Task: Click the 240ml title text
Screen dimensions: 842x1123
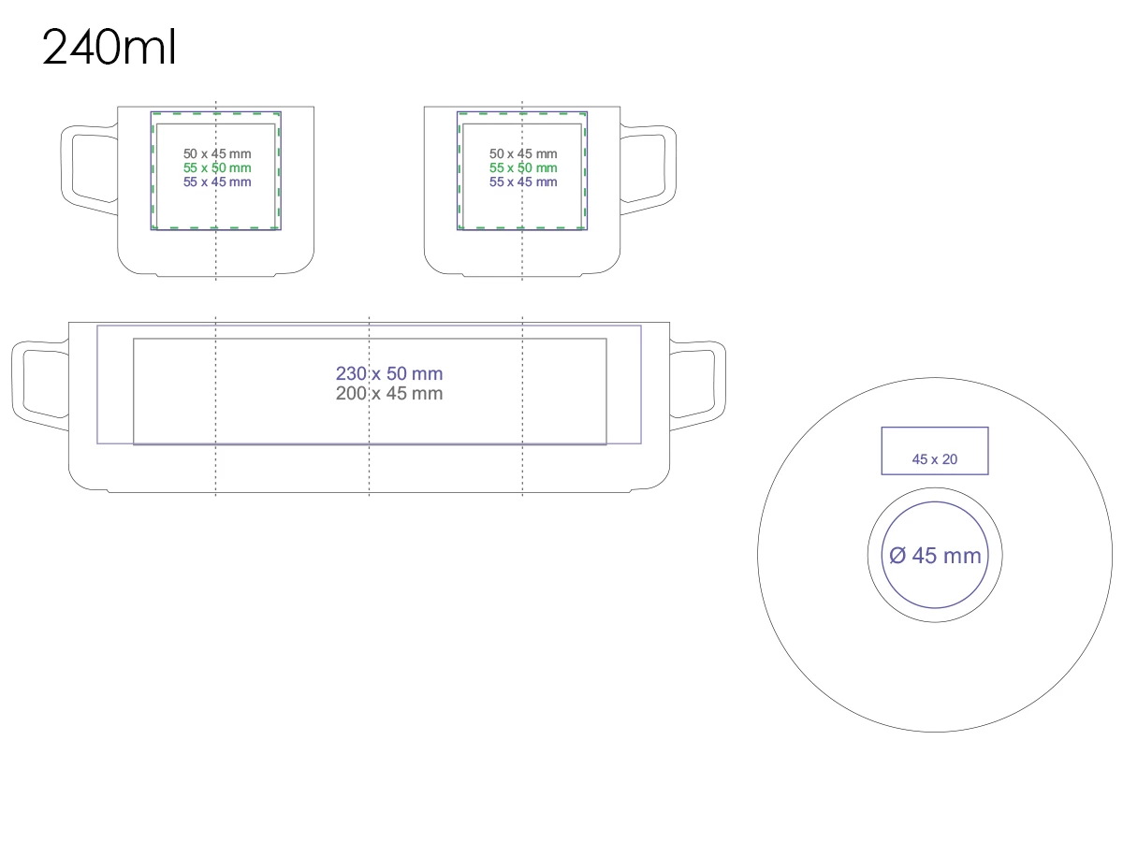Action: [x=109, y=48]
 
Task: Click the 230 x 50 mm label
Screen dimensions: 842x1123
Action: [x=389, y=374]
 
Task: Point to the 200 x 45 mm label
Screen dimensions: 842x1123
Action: [x=389, y=394]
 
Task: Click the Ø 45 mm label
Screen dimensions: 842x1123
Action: [x=935, y=556]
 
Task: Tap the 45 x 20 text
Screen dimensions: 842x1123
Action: [x=935, y=459]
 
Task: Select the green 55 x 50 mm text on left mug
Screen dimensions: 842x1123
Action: [x=217, y=167]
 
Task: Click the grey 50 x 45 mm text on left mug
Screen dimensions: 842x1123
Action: [x=217, y=153]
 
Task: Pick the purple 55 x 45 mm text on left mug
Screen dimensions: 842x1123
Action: [x=217, y=181]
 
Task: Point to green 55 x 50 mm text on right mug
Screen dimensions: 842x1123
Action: [x=523, y=167]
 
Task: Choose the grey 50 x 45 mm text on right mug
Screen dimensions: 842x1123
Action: [x=523, y=153]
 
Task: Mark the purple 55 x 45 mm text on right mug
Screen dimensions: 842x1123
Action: [x=523, y=181]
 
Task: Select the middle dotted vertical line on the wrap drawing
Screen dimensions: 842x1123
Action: [x=370, y=468]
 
